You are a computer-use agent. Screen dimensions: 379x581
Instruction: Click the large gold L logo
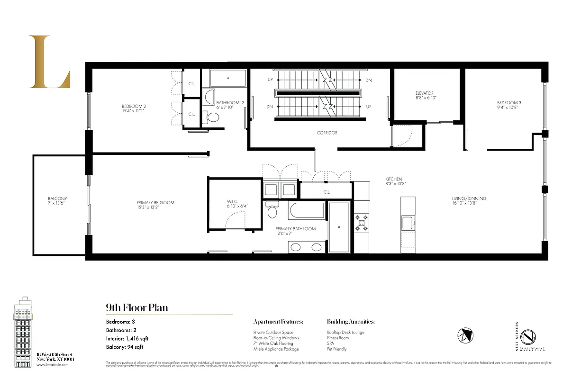point(49,62)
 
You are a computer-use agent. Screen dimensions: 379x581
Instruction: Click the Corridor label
point(327,133)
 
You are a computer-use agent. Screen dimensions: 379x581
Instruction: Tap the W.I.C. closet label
point(235,203)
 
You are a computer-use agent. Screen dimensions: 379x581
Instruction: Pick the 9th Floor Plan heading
point(136,308)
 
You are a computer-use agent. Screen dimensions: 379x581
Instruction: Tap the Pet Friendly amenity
point(337,349)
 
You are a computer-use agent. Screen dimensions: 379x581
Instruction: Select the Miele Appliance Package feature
point(276,349)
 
